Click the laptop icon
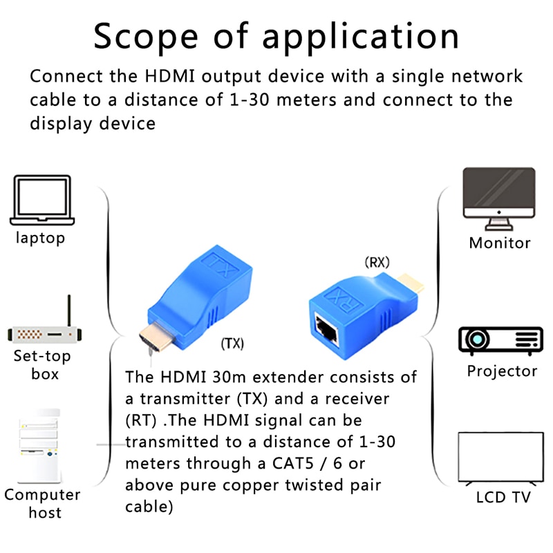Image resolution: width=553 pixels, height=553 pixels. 41,200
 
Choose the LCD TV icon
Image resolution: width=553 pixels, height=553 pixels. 501,458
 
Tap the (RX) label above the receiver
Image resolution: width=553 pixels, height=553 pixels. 377,263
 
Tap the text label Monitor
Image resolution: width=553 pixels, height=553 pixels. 500,243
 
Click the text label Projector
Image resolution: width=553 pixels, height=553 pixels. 502,371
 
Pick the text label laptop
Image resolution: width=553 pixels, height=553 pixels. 41,238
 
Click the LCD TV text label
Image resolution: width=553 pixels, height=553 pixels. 503,498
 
